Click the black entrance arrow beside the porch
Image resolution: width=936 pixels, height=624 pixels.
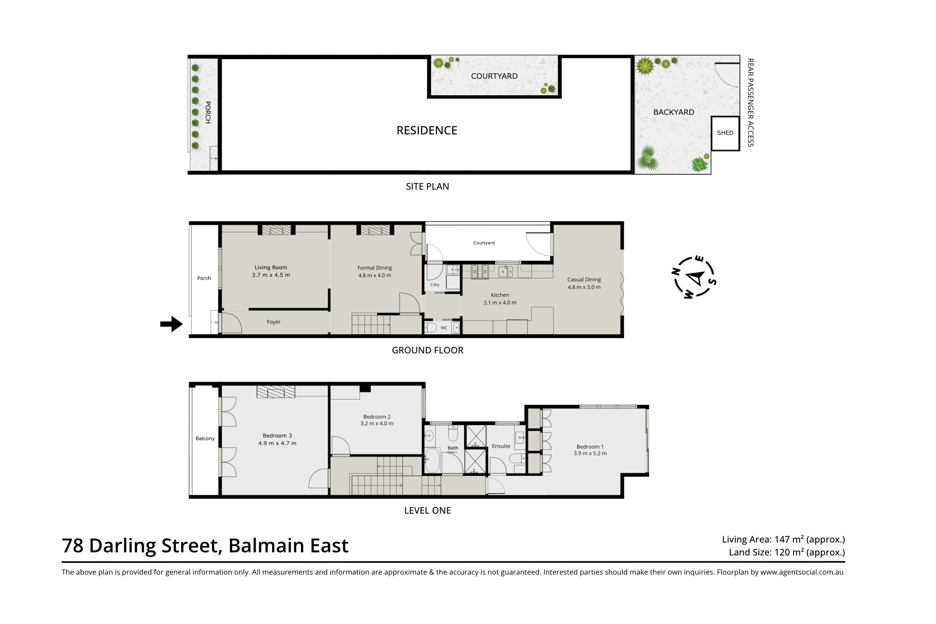point(171,324)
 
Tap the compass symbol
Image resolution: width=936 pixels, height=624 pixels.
point(694,277)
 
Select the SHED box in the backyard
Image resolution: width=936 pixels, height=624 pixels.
point(725,133)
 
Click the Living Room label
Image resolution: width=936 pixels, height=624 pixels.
point(271,267)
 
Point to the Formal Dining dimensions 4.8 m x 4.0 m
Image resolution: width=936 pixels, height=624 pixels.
point(374,276)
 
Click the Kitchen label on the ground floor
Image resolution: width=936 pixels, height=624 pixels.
point(500,295)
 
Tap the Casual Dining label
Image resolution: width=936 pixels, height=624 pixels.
point(584,280)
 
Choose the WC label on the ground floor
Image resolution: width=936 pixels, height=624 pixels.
point(444,328)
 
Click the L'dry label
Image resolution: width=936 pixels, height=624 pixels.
point(435,285)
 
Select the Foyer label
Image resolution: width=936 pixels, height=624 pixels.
point(273,322)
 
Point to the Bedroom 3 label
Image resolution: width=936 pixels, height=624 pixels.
point(277,436)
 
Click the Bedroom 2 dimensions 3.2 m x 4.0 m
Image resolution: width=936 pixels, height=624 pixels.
point(377,424)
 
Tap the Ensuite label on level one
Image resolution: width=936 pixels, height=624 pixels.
point(501,446)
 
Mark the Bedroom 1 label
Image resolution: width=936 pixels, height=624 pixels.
point(590,447)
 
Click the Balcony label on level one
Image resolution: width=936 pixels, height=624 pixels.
point(205,438)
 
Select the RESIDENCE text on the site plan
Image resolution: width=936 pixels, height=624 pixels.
point(427,130)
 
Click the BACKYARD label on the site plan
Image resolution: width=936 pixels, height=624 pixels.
point(673,112)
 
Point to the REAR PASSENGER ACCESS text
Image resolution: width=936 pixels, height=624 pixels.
point(750,102)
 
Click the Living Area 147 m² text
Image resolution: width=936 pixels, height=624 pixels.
point(783,539)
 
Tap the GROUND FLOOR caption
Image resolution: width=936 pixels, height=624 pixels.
point(427,350)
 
